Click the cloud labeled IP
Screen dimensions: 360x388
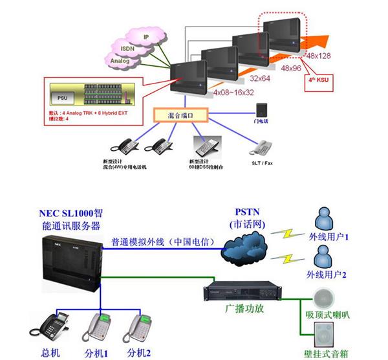click(147, 37)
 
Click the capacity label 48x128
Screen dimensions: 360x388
click(318, 56)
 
